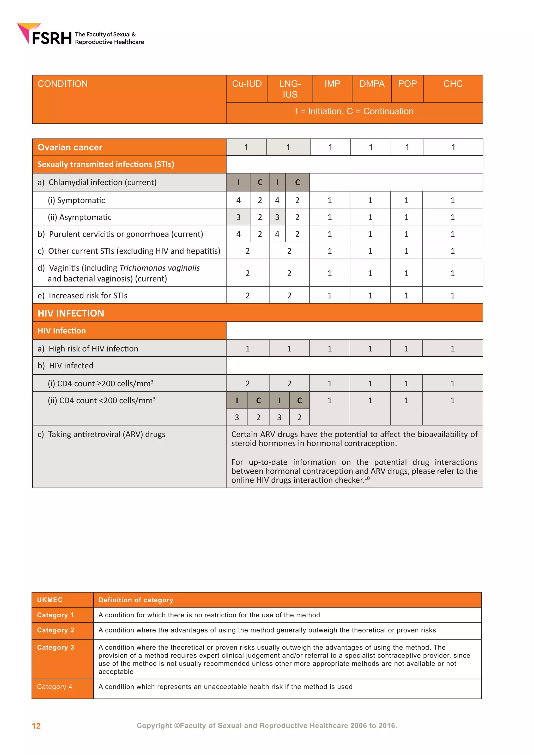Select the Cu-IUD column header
[247, 84]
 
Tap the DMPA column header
[372, 84]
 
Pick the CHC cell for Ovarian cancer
[453, 147]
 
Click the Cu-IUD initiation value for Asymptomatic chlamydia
[238, 217]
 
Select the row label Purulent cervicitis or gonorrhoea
[126, 234]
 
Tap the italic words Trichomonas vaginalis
[160, 268]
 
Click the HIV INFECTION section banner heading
[71, 313]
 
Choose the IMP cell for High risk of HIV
[330, 349]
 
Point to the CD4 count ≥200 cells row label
[100, 384]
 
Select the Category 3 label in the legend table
[56, 648]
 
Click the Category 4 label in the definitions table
[54, 687]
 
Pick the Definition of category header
[136, 600]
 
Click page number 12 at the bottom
[36, 726]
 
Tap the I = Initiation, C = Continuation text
[354, 112]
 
